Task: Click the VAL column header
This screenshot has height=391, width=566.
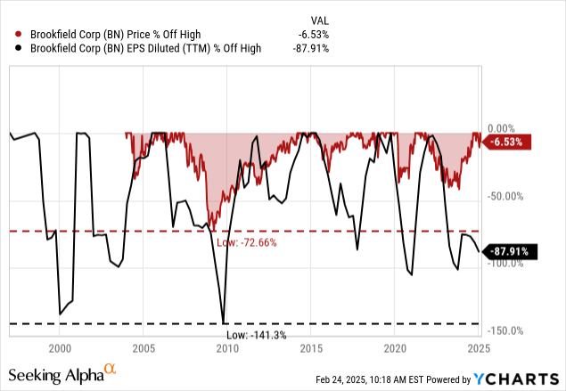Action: [x=317, y=20]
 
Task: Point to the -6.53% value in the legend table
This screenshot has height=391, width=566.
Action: [x=312, y=35]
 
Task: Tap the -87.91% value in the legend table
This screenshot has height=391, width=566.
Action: [x=309, y=48]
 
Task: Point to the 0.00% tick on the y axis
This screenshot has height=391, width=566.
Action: [x=504, y=129]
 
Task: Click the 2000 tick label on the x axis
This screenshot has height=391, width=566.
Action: [x=60, y=347]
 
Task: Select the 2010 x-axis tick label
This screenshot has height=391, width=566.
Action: [x=227, y=347]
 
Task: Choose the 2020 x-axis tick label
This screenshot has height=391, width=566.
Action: [x=396, y=347]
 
